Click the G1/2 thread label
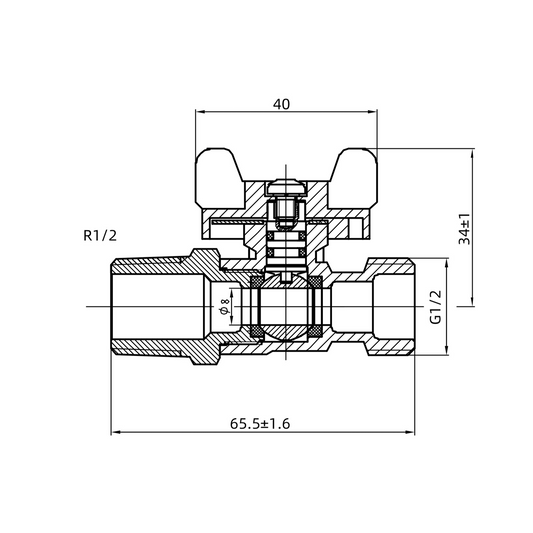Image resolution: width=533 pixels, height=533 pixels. pos(435,307)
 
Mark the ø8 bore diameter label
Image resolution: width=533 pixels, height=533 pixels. pos(225,307)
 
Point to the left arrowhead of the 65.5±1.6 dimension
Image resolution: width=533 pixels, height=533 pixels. pos(113,433)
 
